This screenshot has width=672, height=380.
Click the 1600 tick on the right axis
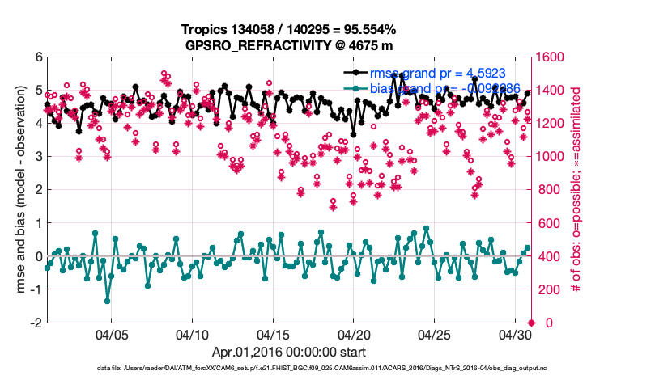pyautogui.click(x=553, y=57)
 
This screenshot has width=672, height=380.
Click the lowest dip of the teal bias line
pyautogui.click(x=107, y=301)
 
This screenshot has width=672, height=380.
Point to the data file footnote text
pyautogui.click(x=336, y=369)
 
